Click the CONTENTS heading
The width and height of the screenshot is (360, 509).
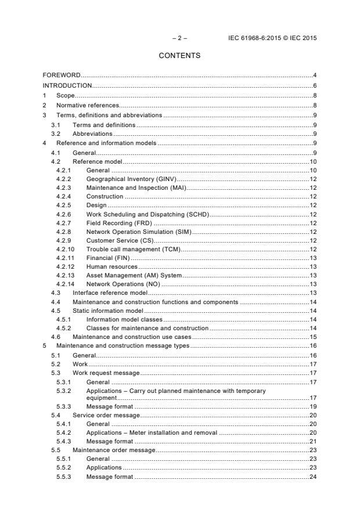click(179, 56)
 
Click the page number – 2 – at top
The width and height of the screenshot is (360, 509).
click(179, 38)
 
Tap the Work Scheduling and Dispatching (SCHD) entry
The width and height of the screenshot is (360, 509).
click(147, 215)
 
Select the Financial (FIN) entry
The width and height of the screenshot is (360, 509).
click(108, 257)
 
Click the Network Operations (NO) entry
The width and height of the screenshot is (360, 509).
click(123, 284)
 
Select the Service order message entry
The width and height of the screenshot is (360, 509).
click(106, 415)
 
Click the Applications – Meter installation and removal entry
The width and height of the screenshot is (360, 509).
click(152, 432)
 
